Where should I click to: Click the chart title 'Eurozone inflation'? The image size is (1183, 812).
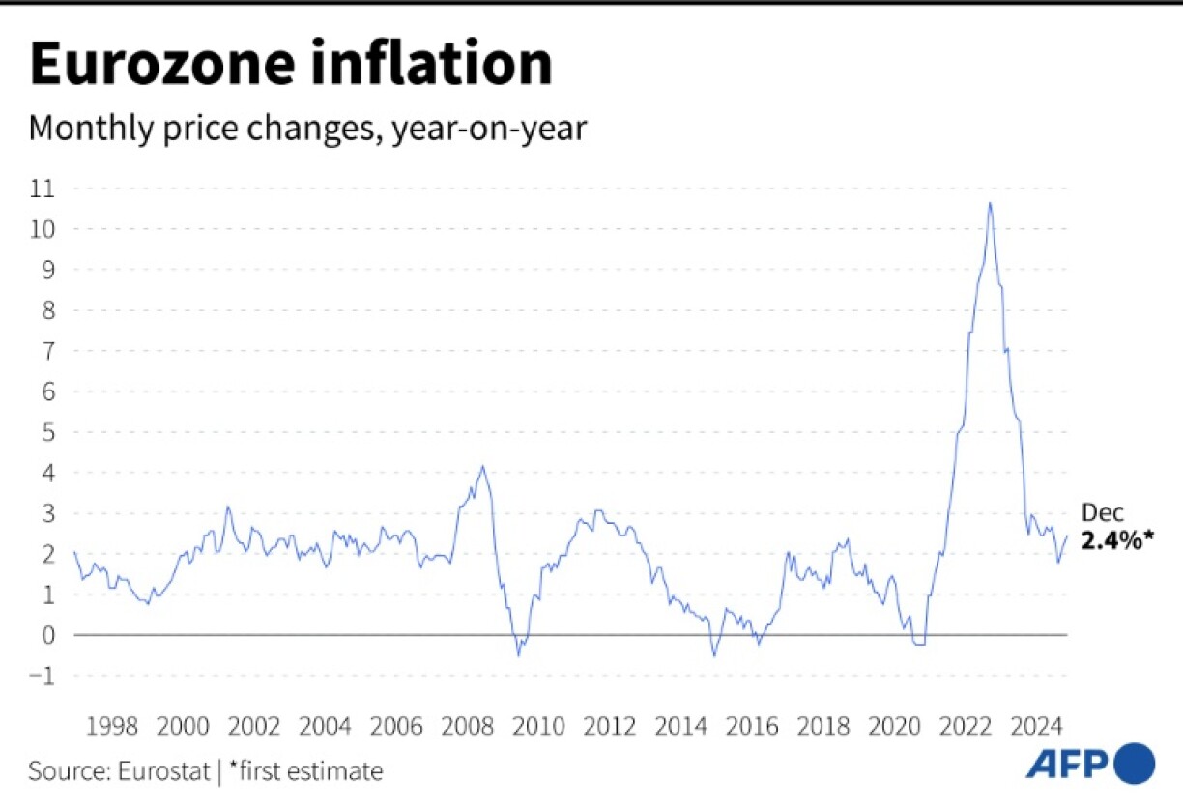291,66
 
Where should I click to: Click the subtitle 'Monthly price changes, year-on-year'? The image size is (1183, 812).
307,129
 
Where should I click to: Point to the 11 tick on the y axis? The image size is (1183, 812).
42,188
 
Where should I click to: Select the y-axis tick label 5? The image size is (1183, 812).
45,432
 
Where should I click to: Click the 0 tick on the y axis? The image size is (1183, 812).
45,635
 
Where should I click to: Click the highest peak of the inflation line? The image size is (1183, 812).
990,203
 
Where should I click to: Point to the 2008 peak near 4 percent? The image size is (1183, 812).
482,467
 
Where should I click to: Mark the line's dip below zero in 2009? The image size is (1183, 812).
518,654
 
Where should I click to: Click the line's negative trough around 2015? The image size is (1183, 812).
715,654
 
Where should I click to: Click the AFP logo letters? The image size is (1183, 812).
1066,765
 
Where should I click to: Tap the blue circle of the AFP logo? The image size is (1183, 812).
1135,764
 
